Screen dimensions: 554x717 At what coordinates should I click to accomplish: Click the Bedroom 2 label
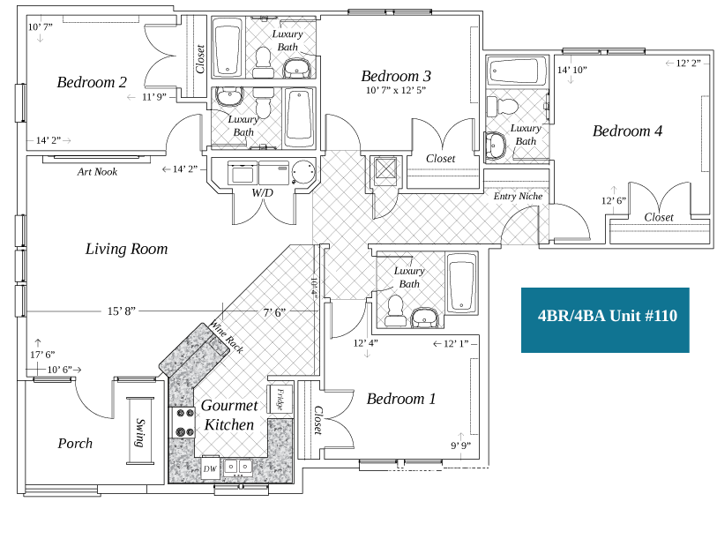[92, 82]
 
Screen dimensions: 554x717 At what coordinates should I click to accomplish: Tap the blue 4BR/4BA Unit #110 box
[605, 316]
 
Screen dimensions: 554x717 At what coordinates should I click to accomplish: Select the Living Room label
[126, 249]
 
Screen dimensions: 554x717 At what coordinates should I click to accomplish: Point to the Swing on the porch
[139, 432]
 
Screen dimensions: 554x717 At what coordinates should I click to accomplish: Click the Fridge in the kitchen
[280, 400]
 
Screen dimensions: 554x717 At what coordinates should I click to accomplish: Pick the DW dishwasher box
[210, 469]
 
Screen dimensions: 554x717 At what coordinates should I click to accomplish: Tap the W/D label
[262, 192]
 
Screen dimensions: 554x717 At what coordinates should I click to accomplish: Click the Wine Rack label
[226, 337]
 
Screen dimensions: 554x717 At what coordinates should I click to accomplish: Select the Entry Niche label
[518, 196]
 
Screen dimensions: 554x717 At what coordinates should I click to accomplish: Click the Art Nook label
[97, 172]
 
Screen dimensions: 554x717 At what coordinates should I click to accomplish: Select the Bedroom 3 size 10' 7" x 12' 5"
[396, 90]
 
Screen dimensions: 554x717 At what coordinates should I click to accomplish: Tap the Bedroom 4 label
[627, 131]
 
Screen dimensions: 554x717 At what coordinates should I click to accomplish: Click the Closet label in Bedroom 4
[659, 217]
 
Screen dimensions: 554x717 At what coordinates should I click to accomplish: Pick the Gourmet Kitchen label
[229, 415]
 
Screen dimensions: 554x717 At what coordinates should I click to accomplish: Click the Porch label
[75, 443]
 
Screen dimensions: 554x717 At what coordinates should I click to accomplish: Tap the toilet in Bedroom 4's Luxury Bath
[507, 107]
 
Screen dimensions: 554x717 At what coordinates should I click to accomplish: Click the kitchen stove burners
[185, 422]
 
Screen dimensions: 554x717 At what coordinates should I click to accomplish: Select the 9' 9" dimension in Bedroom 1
[460, 445]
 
